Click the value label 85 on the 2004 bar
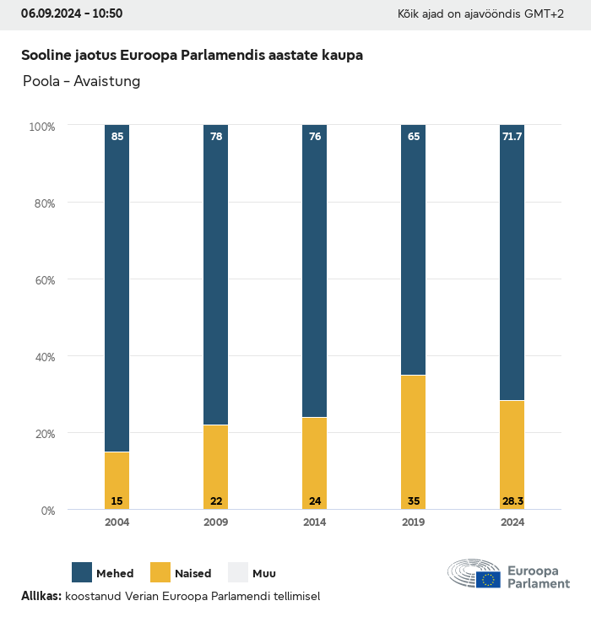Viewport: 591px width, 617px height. click(117, 136)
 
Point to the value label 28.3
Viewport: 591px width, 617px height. click(512, 501)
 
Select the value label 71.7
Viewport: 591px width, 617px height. click(512, 136)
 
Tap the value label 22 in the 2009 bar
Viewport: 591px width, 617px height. click(216, 501)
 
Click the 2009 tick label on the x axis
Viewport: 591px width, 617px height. click(216, 522)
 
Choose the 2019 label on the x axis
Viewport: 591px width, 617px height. click(414, 522)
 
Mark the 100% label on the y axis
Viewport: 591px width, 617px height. click(41, 127)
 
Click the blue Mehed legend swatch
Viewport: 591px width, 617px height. click(82, 572)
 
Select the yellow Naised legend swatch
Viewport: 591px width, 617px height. click(160, 572)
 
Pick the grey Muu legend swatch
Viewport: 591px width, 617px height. click(238, 572)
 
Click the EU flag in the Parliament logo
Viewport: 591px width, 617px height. click(488, 579)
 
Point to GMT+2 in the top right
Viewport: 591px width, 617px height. click(545, 14)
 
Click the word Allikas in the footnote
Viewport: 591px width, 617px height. click(40, 596)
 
